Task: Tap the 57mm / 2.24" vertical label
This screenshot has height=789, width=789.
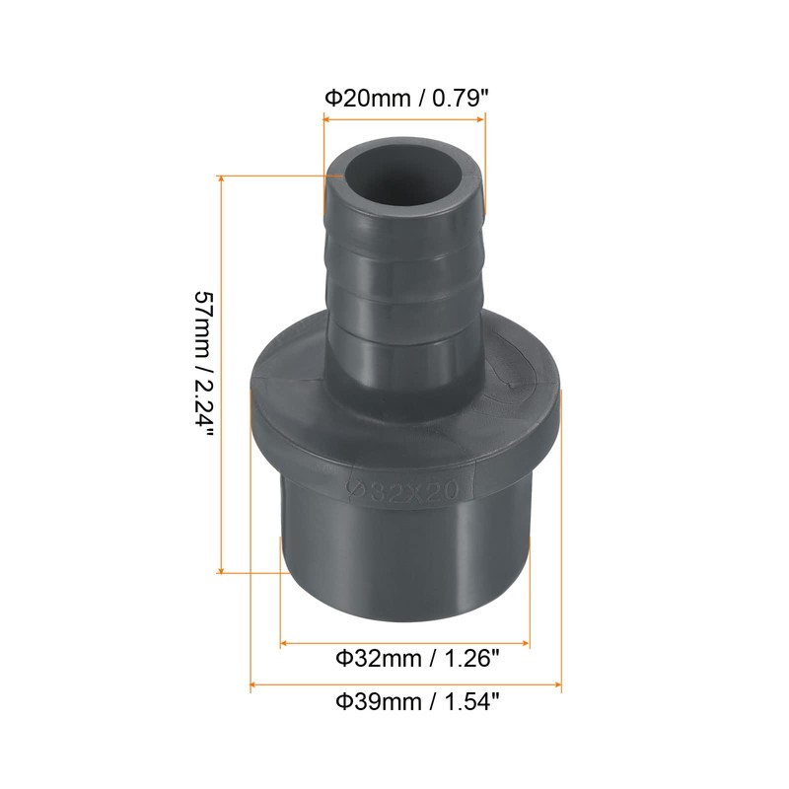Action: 204,374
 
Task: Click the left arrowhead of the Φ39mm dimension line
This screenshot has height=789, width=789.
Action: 255,682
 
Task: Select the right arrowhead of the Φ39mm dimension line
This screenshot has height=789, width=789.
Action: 557,682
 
